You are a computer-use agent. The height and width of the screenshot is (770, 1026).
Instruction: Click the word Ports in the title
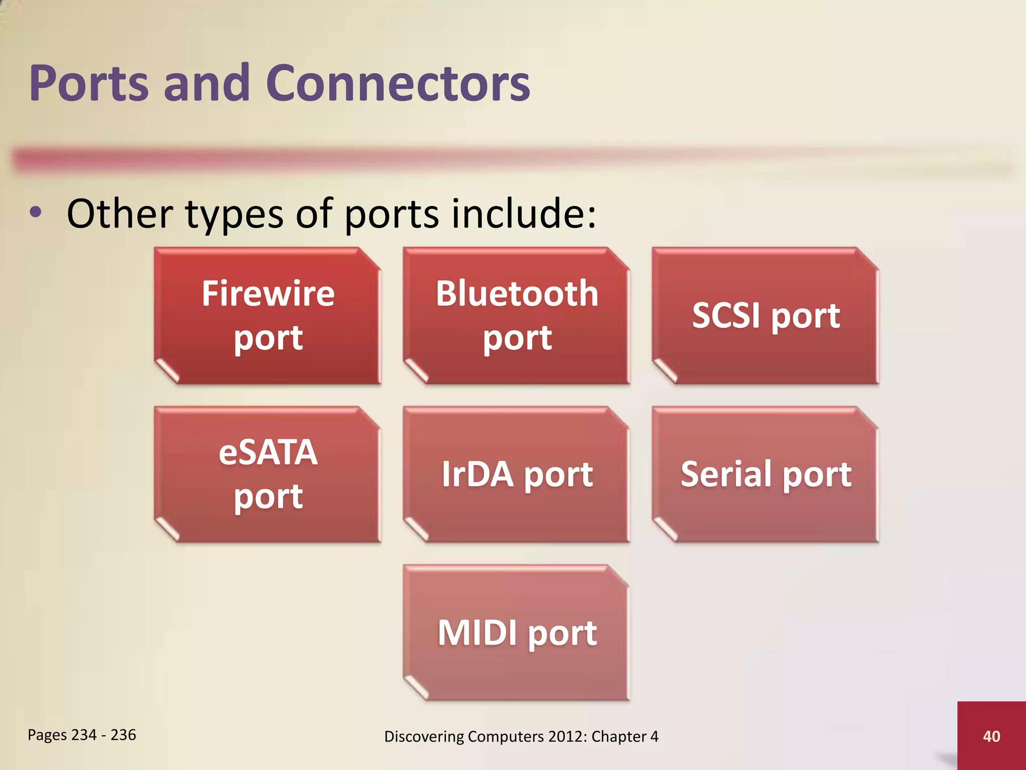89,84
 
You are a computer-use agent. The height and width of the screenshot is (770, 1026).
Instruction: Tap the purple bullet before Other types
35,213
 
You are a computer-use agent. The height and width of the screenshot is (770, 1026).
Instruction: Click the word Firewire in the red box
268,294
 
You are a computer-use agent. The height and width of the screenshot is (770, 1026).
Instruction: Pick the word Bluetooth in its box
517,294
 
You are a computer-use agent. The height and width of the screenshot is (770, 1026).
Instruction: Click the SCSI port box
765,316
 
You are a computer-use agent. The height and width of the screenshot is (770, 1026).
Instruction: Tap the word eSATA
268,453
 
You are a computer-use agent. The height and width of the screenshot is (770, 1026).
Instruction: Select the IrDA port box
517,474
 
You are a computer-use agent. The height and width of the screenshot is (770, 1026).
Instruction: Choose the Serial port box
765,474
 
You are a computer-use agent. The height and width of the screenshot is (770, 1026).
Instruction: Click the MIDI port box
517,633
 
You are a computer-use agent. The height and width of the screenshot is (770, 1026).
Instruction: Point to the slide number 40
991,736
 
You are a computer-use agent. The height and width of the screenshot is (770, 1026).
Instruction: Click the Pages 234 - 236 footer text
82,735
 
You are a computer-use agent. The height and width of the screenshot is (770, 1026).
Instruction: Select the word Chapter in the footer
619,736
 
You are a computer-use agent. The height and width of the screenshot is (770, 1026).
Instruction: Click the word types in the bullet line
234,216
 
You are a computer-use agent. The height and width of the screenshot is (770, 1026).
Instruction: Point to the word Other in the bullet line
120,214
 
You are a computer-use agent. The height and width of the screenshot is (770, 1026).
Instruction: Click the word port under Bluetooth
517,338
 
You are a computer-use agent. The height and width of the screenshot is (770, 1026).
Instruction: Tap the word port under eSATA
268,497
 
